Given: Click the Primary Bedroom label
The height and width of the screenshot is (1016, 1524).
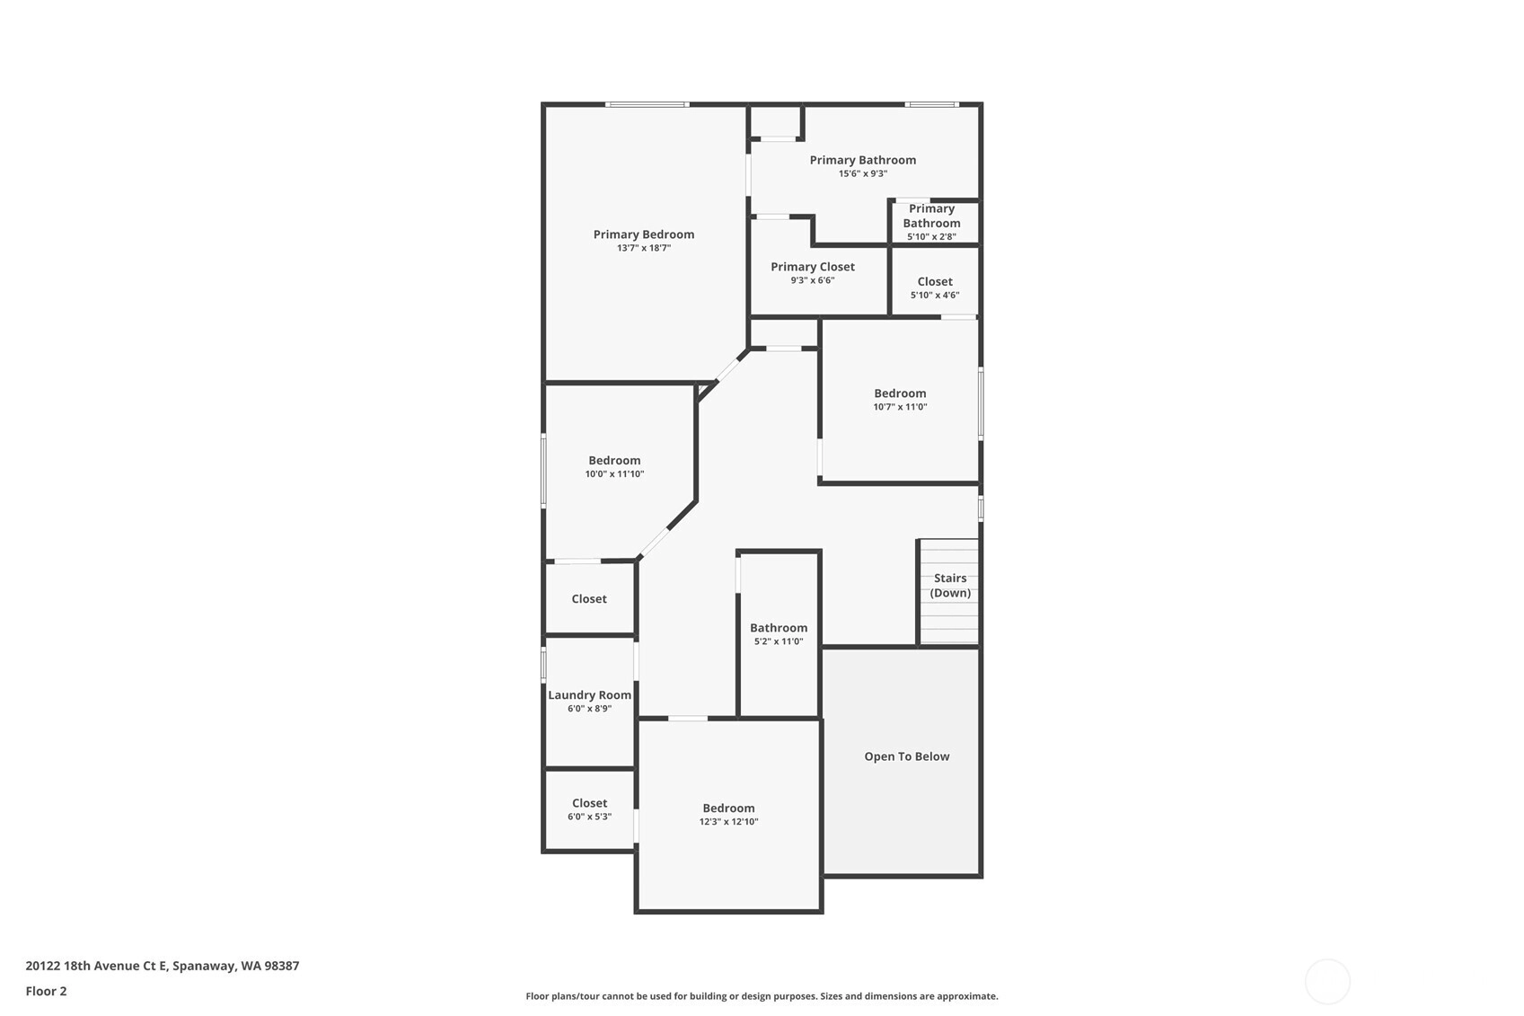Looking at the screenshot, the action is point(644,234).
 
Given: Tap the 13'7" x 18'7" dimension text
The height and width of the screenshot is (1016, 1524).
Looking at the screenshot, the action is point(644,249).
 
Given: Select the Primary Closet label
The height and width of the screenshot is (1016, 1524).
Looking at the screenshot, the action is point(813,267).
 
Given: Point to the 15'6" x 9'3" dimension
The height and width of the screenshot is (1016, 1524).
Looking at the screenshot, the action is point(863,173).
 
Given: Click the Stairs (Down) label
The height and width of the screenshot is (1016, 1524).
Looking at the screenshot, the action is point(950,585).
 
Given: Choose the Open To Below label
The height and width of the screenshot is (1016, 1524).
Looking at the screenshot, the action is point(907,756).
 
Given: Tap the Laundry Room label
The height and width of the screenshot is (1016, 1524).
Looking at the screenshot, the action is point(589,694).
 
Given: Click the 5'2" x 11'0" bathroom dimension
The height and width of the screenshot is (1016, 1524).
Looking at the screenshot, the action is point(779,641).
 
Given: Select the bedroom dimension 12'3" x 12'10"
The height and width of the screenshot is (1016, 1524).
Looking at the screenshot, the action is point(728,821).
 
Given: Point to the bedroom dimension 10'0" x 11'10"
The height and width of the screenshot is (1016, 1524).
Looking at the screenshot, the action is point(614,474).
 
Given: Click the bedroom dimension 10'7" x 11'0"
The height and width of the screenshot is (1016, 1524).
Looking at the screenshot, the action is point(900,407).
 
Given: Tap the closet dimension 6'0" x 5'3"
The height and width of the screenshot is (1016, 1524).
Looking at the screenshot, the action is point(589,817).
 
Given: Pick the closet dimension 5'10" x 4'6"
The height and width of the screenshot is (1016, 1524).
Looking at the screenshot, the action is point(935,296).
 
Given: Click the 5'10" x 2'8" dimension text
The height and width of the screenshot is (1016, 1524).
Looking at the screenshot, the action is point(931,237).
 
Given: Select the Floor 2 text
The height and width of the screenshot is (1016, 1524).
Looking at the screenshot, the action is point(47,991).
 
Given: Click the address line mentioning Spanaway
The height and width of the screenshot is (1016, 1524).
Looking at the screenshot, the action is point(163,966).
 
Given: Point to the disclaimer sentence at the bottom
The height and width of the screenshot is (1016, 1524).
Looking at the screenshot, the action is point(762,996).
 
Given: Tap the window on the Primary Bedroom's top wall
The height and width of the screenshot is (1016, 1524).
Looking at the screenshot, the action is point(647,104).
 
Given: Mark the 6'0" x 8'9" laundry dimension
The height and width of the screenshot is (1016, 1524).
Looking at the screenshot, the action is point(589,709).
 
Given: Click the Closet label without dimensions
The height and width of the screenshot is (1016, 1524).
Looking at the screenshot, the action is point(588,599).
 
